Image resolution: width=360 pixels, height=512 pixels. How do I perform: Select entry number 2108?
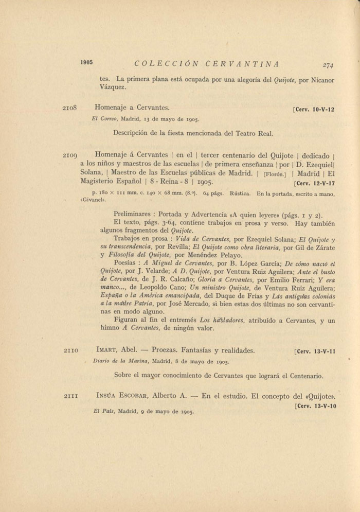(x=69, y=109)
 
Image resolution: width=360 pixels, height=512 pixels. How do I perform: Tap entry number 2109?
(x=69, y=155)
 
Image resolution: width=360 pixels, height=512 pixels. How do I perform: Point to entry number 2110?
(x=70, y=351)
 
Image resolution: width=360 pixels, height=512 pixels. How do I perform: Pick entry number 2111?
(x=70, y=396)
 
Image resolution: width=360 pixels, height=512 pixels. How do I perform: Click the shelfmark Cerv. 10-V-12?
(x=314, y=110)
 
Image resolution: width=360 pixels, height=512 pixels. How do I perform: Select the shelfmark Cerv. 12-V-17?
(x=314, y=183)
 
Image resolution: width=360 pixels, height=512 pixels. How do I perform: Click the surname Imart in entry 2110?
(x=106, y=350)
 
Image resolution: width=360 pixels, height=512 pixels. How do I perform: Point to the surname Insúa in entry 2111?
(x=107, y=396)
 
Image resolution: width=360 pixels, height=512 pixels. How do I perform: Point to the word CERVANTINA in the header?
(x=242, y=64)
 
